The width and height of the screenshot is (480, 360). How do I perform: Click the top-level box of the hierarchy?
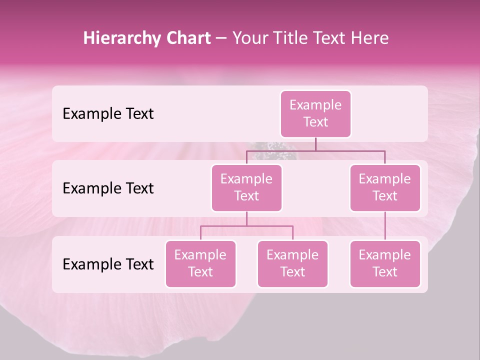pyautogui.click(x=315, y=113)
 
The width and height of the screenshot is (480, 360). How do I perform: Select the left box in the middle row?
pyautogui.click(x=246, y=187)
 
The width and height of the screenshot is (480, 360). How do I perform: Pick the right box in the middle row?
pyautogui.click(x=385, y=187)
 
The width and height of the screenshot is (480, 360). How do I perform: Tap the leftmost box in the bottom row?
pyautogui.click(x=200, y=263)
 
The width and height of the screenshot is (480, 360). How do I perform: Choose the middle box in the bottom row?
pyautogui.click(x=292, y=263)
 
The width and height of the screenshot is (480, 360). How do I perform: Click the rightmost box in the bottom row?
pyautogui.click(x=385, y=263)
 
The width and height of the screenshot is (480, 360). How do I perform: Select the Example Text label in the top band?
pyautogui.click(x=108, y=114)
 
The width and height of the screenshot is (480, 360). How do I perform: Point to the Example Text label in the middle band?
pyautogui.click(x=108, y=188)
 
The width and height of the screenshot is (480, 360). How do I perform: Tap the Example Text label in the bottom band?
pyautogui.click(x=108, y=264)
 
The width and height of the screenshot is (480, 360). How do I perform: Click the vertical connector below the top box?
pyautogui.click(x=315, y=144)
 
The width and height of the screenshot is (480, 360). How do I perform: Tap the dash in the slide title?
pyautogui.click(x=221, y=38)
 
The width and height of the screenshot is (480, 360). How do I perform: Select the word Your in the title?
pyautogui.click(x=248, y=38)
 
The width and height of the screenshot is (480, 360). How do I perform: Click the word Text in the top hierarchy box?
pyautogui.click(x=315, y=122)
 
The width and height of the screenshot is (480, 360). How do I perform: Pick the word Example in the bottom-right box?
pyautogui.click(x=385, y=255)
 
